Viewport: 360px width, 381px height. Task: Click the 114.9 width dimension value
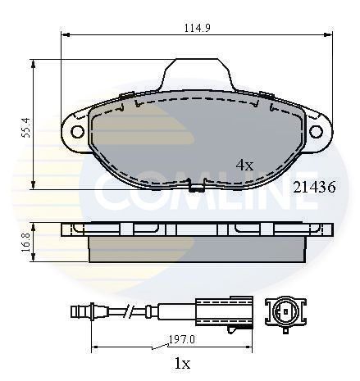coord(198,28)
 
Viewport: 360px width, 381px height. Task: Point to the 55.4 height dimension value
coord(25,126)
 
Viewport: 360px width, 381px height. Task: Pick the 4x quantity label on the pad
coord(244,165)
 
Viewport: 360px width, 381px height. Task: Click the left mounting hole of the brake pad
coord(77,131)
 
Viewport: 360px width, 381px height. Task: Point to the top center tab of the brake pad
coord(197,75)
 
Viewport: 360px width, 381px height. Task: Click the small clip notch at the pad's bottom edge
coord(197,187)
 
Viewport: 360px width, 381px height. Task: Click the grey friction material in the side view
coord(197,249)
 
